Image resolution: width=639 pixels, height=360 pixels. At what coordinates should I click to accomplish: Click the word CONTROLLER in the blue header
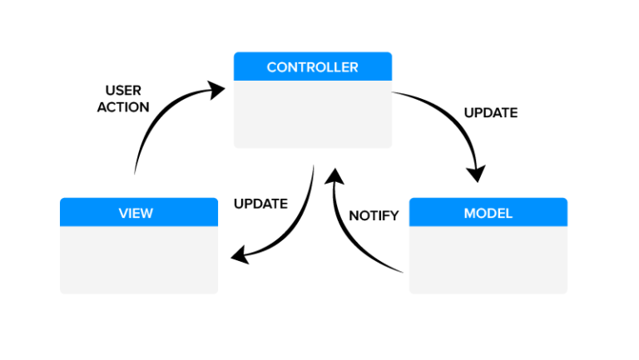coord(312,67)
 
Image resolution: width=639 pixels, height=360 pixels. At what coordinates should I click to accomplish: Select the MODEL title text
coord(488,213)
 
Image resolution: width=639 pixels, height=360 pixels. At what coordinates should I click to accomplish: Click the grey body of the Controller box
coord(312,115)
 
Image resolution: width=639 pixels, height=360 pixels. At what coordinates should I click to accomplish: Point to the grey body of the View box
coord(139,259)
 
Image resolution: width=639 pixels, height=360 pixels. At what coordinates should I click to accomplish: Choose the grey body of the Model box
coord(488,259)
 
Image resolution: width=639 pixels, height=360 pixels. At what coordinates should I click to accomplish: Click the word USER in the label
coord(123,90)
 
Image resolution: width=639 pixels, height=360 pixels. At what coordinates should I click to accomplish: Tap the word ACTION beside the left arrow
coord(123,107)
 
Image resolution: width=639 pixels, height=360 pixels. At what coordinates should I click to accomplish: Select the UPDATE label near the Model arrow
coord(490,112)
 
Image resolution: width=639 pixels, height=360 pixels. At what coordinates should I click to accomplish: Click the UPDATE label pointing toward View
coord(260,204)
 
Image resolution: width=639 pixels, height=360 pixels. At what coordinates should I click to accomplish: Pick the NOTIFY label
coord(374,216)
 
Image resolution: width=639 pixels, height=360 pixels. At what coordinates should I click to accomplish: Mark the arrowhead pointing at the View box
coord(240,255)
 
